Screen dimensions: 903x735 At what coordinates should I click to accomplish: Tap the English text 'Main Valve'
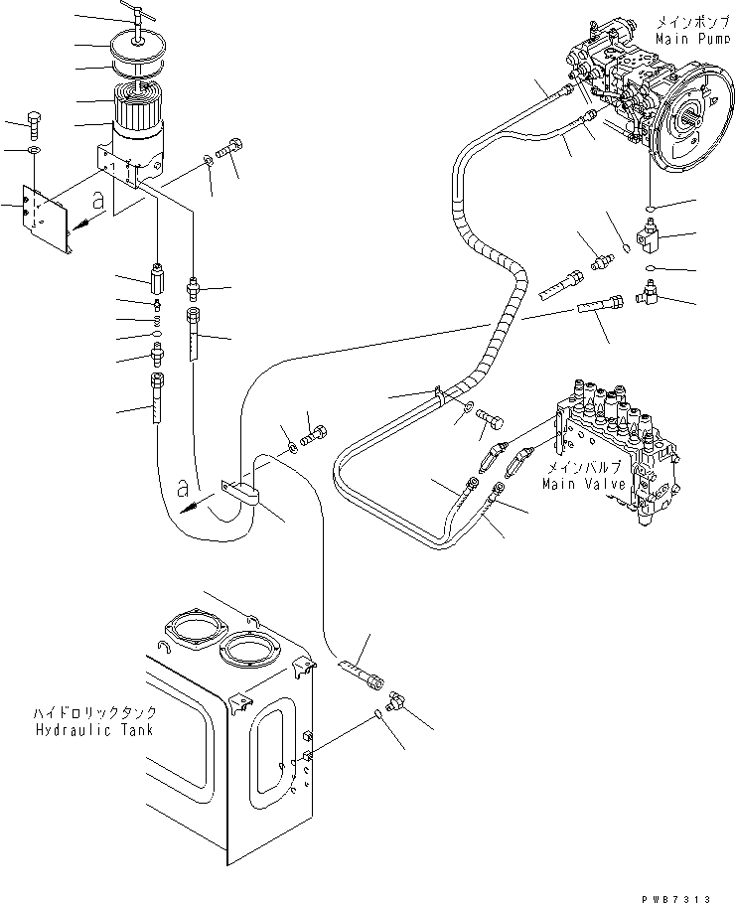(584, 483)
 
